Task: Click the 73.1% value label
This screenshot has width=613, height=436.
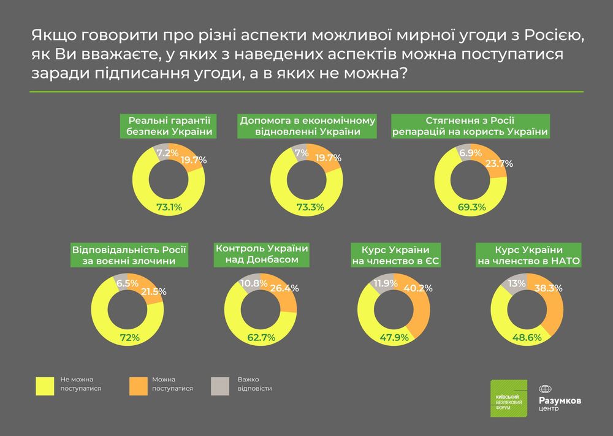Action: coord(169,207)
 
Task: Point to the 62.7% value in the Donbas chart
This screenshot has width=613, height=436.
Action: coord(261,337)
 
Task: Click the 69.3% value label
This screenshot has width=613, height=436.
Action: coord(471,207)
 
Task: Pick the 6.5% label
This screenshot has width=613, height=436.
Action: coord(127,283)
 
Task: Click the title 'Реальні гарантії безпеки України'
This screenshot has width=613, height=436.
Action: coord(169,126)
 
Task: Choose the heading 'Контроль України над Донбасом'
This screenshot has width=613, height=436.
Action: coord(261,254)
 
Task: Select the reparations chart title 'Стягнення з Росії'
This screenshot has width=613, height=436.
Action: coord(470,126)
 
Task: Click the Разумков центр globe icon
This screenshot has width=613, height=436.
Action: coord(545,389)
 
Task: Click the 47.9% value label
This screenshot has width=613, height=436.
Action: coord(395,337)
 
